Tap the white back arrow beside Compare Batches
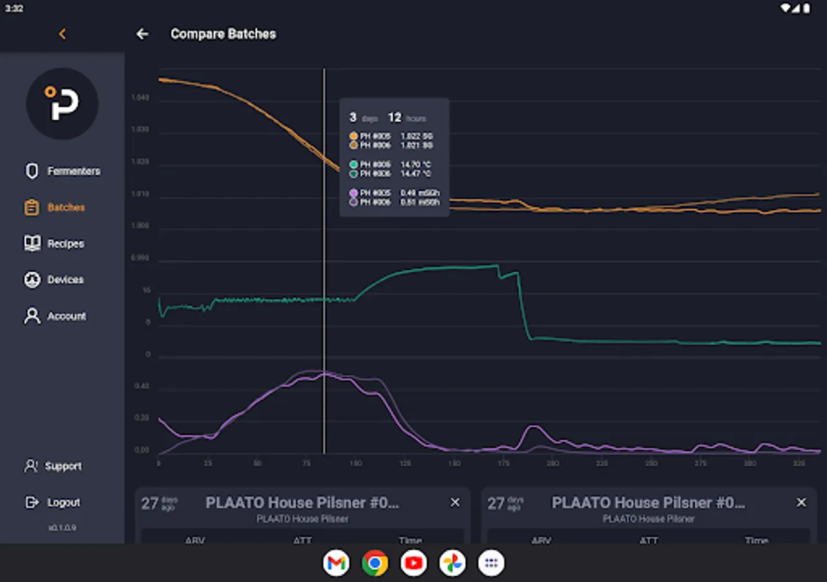(142, 34)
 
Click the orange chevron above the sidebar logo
(62, 34)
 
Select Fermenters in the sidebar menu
(73, 171)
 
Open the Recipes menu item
(65, 244)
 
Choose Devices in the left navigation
(65, 280)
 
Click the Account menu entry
(66, 316)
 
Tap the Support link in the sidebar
(63, 466)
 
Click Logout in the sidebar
(63, 502)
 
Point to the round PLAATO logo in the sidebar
(62, 103)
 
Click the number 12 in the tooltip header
(395, 118)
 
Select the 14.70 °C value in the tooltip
(415, 165)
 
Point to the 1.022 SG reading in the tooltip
(417, 136)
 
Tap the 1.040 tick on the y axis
(140, 98)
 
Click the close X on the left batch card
(455, 502)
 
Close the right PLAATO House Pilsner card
(801, 502)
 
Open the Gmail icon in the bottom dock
(336, 563)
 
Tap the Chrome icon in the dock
(375, 563)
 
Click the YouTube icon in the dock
(413, 563)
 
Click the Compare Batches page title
(223, 34)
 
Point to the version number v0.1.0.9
(62, 528)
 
